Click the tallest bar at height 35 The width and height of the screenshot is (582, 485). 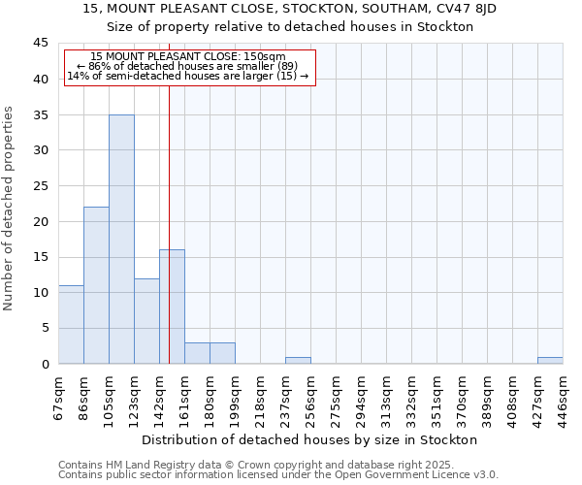coord(121,239)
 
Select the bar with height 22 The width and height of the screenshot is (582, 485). coord(96,285)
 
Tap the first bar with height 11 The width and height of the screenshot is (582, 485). coord(71,324)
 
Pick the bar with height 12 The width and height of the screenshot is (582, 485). coord(146,321)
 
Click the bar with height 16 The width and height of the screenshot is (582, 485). coord(173,307)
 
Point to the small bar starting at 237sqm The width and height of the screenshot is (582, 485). coord(298,360)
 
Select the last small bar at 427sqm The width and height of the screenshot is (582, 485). coord(550,360)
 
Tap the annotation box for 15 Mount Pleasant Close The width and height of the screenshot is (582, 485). coord(190,66)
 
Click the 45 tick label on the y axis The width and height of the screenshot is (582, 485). coord(41,44)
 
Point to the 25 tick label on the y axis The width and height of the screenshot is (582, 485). coord(41,186)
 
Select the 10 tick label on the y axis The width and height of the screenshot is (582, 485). coord(41,293)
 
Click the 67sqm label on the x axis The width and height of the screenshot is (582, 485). coord(58,395)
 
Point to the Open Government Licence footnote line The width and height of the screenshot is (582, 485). coord(278,475)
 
